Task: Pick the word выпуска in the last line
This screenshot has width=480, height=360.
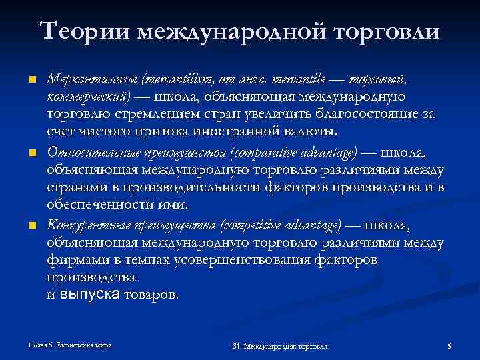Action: click(89, 295)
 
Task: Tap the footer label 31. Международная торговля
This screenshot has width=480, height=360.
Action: click(284, 346)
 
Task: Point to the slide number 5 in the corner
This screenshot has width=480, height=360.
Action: click(449, 346)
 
